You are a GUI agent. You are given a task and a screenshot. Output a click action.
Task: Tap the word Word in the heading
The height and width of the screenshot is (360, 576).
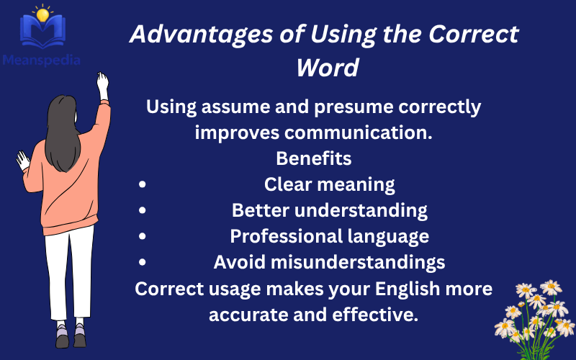pos(328,68)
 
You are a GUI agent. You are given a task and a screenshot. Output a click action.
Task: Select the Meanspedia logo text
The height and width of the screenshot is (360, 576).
pos(41,60)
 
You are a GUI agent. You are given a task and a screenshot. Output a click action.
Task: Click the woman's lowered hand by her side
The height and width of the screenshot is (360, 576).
pos(23,159)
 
